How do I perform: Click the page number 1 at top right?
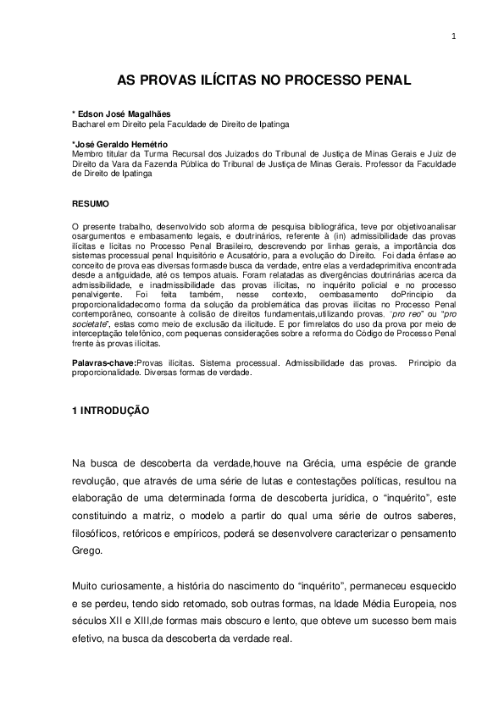point(454,36)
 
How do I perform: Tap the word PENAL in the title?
point(387,81)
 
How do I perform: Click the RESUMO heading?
point(91,203)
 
